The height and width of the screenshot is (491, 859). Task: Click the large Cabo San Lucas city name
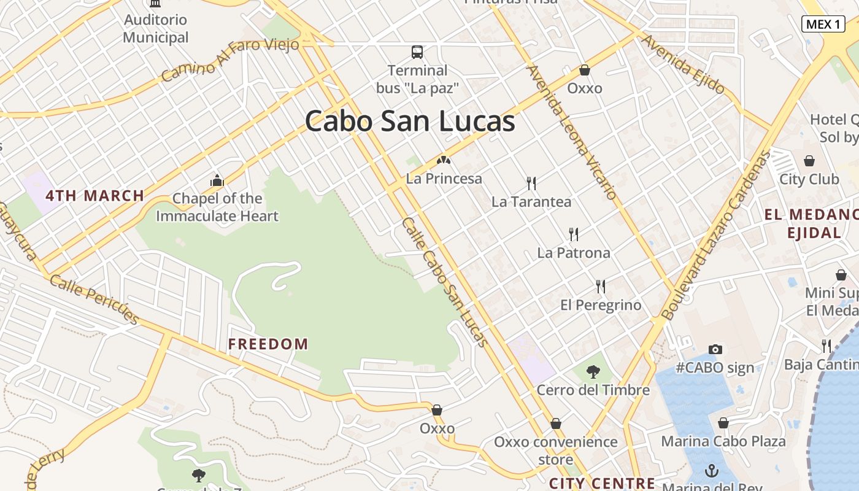tap(410, 121)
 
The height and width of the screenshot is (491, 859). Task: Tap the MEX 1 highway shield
tap(823, 24)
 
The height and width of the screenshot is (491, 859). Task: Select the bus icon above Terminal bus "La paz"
tap(417, 52)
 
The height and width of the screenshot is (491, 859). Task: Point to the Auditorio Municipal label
tap(156, 28)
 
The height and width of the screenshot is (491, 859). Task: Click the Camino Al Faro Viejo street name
tap(229, 58)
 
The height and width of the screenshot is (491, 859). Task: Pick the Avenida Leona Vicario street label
tap(571, 133)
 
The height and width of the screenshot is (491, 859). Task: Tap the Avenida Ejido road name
tap(683, 64)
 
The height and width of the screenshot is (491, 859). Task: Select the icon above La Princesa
tap(444, 161)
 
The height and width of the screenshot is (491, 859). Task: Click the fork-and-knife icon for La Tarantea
tap(531, 183)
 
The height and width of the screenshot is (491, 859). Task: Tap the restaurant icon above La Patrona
tap(574, 234)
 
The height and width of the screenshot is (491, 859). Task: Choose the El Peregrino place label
tap(601, 305)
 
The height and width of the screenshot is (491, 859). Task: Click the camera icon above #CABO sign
tap(715, 349)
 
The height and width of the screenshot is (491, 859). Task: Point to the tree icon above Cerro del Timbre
tap(593, 371)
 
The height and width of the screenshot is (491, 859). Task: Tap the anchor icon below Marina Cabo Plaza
tap(712, 471)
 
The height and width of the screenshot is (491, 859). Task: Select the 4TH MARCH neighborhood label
tap(95, 196)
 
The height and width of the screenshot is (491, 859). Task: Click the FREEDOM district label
tap(268, 344)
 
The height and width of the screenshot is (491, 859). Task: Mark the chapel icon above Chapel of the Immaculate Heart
tap(217, 180)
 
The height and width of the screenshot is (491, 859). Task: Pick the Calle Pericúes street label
tap(94, 299)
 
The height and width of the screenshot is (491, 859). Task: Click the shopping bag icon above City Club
tap(809, 161)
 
